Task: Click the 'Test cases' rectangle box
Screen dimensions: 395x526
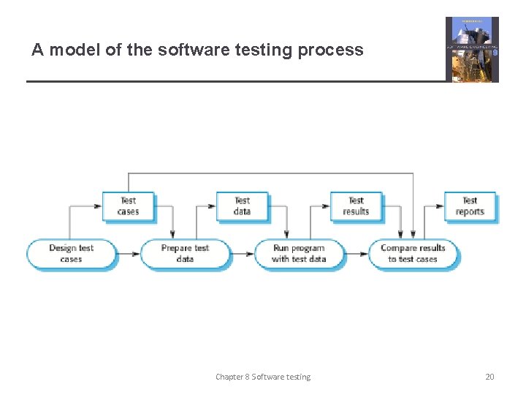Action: point(128,206)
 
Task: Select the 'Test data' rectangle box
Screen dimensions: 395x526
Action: point(242,206)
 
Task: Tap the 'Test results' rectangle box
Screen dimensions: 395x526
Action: point(356,206)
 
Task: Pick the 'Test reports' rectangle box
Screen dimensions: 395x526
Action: point(470,206)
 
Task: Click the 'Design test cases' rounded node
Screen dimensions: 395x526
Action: point(71,254)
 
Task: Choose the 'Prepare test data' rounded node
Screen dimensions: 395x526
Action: point(185,254)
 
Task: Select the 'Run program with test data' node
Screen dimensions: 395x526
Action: point(299,254)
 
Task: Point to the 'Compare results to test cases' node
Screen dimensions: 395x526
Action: point(413,254)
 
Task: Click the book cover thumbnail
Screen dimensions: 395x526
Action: point(472,49)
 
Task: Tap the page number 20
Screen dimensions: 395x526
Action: point(489,377)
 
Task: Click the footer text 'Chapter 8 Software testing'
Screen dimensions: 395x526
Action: point(263,377)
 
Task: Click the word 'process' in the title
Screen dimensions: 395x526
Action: point(335,50)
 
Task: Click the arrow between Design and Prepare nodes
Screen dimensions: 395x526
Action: point(128,254)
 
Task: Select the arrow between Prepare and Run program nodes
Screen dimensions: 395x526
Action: point(242,254)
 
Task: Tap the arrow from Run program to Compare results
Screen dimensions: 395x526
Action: point(356,254)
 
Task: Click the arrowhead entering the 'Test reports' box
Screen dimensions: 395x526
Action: point(440,206)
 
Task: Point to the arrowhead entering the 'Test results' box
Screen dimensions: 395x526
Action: point(326,206)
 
